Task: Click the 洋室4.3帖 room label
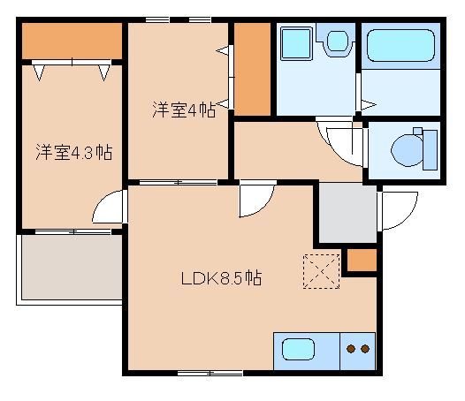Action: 73,152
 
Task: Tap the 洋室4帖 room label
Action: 183,110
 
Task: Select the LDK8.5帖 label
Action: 221,277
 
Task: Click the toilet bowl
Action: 409,149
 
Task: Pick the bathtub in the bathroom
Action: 401,44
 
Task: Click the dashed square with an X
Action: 321,269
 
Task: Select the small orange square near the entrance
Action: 360,261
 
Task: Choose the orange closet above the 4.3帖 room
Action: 71,40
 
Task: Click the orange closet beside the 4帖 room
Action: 251,69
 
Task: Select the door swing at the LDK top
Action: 254,200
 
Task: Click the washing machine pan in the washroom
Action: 295,44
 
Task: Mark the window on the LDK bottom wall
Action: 210,373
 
